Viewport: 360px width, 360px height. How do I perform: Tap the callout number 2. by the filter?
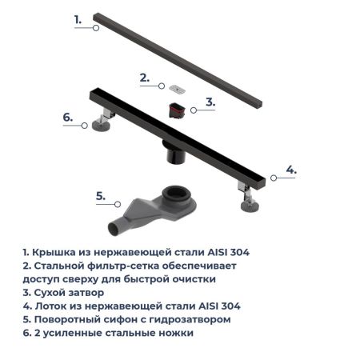pos(145,78)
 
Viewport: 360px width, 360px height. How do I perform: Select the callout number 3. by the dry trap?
pos(210,102)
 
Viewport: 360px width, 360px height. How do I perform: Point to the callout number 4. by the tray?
pos(291,170)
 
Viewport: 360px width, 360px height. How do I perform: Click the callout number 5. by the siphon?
pos(100,195)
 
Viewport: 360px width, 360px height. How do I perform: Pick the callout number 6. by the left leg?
pos(68,118)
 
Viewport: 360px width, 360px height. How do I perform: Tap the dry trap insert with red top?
pos(179,108)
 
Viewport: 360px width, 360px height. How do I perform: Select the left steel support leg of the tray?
pos(102,125)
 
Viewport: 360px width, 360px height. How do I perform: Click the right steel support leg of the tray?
pos(247,195)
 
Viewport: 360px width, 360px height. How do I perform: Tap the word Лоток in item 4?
pos(51,306)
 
